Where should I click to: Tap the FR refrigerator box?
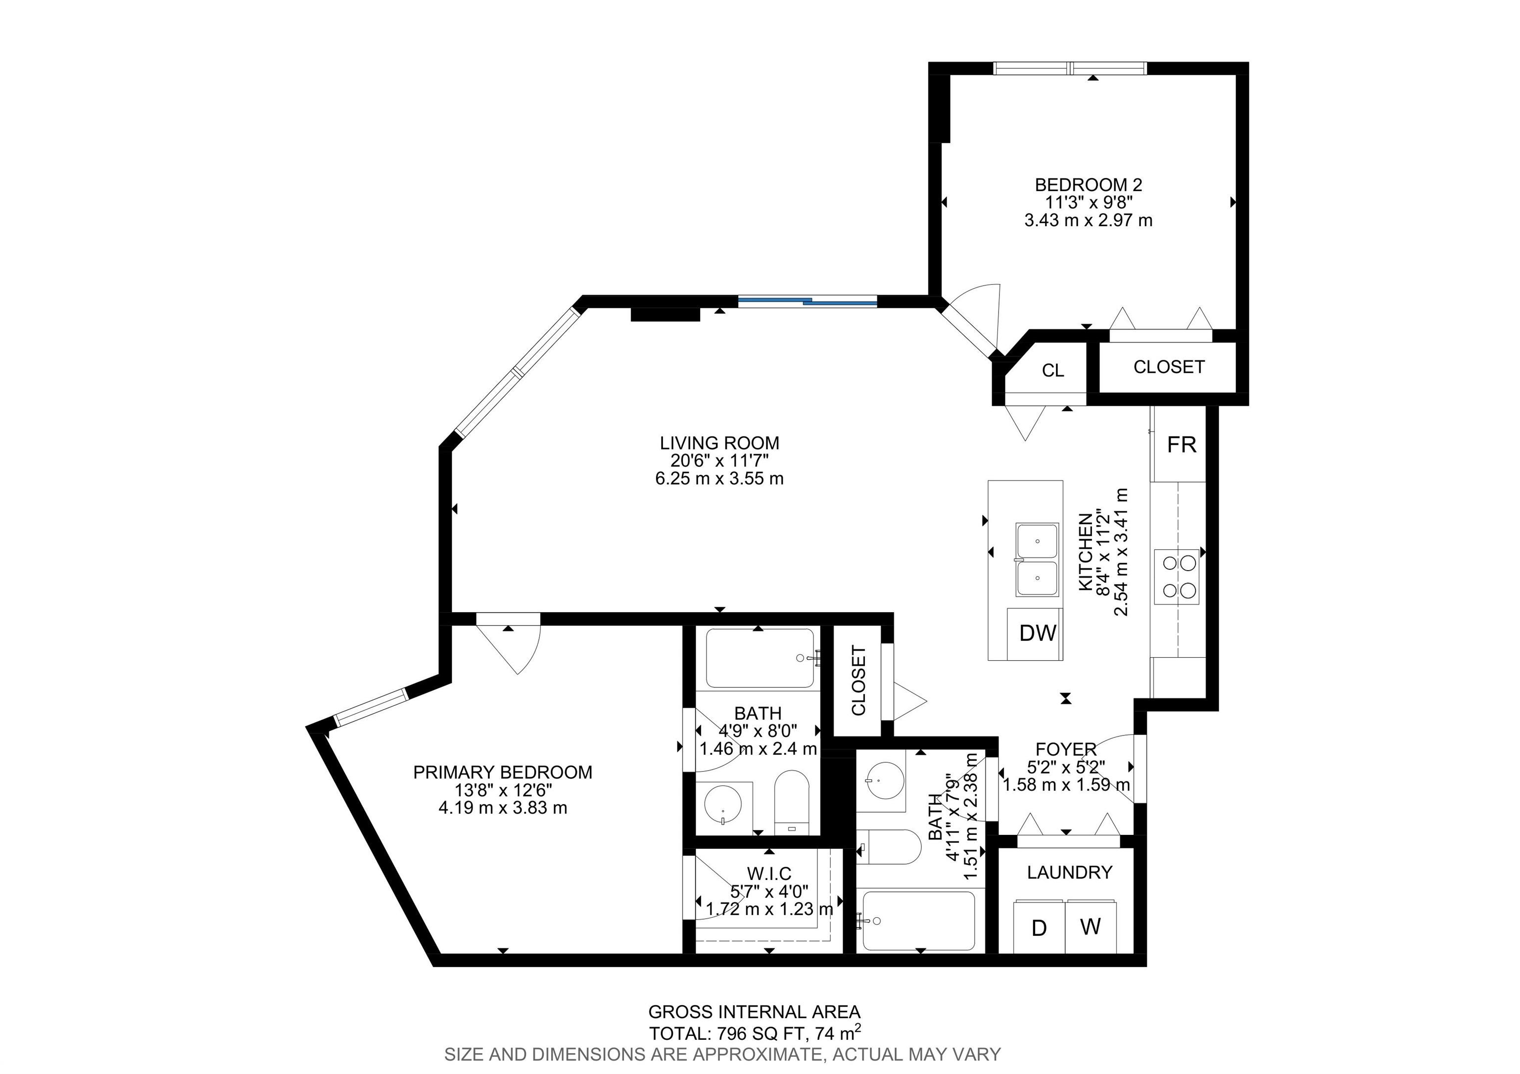click(x=1181, y=444)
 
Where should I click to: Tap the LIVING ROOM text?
click(x=719, y=443)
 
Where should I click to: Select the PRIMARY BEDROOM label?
click(x=503, y=772)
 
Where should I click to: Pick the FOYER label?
click(x=1066, y=749)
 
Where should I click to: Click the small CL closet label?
click(x=1052, y=371)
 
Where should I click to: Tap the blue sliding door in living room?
click(x=807, y=302)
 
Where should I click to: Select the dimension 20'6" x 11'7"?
click(x=719, y=461)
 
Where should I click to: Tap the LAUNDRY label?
click(x=1069, y=873)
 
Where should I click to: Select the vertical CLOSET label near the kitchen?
click(x=858, y=681)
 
